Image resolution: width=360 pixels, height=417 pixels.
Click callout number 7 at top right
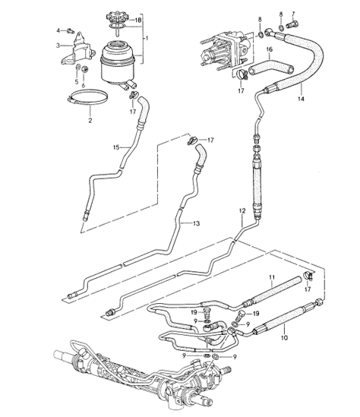click(x=295, y=15)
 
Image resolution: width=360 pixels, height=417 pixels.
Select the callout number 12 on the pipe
click(x=242, y=210)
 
